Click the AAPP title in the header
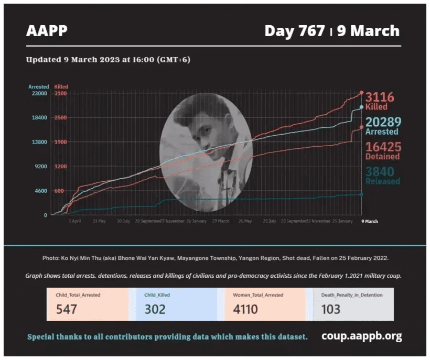coord(47,31)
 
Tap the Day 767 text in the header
coord(294,31)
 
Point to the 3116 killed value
coord(380,97)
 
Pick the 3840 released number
coord(380,171)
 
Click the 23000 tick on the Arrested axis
coord(40,93)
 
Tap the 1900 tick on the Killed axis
coord(60,142)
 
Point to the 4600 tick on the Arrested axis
coord(41,191)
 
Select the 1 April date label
coord(74,221)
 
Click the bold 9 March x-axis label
coord(369,221)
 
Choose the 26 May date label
coord(245,221)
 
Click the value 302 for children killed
coord(155,309)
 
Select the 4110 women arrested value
coord(245,309)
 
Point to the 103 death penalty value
coord(330,309)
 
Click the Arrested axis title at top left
coord(39,86)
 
